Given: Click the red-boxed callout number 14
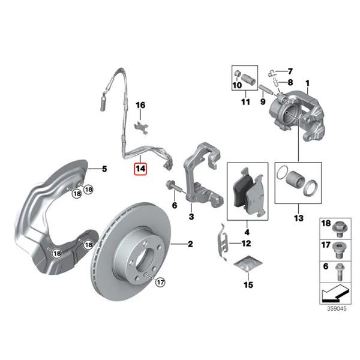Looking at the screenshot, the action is coord(140,169).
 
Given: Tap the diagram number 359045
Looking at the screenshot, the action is coord(337,308).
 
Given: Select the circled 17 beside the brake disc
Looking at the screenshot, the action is coord(160,282).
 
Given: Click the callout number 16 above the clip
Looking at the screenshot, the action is coord(140,105).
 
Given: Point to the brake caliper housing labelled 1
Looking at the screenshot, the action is coord(297,115).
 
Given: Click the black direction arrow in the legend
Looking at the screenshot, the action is coord(335,293).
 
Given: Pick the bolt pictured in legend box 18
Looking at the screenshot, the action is coord(340,229).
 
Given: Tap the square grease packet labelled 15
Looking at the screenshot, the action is coord(248,263).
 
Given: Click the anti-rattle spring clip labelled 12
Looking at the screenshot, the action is coord(223,242).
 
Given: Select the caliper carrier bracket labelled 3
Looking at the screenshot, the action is coord(203,175).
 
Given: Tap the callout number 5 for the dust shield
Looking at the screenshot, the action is coord(104,169).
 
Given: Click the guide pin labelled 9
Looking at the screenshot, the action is coord(266,90).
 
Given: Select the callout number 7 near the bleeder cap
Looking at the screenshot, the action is coord(290,71).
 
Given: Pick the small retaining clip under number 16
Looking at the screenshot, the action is coord(141,128).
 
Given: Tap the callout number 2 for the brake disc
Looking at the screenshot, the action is coord(190,244).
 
